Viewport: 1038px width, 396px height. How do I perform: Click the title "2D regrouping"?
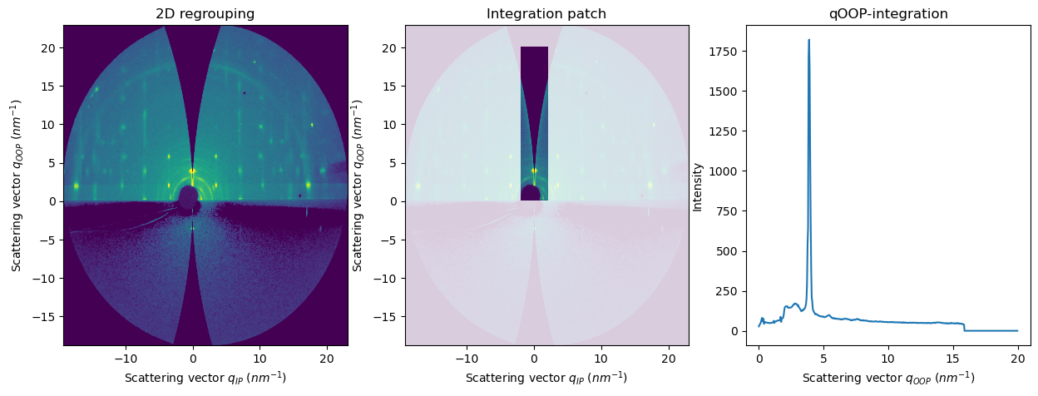coord(205,14)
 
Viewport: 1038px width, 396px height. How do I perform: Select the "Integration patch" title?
coord(546,14)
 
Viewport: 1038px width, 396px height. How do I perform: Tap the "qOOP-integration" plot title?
coord(887,14)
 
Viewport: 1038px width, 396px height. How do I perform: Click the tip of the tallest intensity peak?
coord(808,40)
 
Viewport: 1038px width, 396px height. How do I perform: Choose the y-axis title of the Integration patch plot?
coord(358,185)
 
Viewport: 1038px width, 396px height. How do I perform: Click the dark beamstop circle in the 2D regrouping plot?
coord(189,196)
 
